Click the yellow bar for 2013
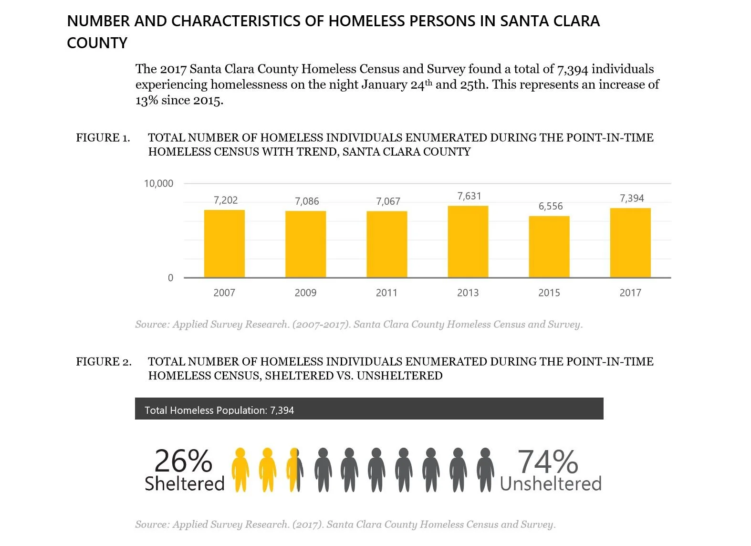click(x=468, y=241)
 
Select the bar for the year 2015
click(x=549, y=247)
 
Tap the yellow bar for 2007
click(x=224, y=243)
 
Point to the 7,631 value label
click(x=469, y=196)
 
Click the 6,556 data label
click(x=551, y=206)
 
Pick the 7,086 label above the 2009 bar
click(x=307, y=201)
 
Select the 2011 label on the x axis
click(x=386, y=293)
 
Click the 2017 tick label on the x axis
click(x=630, y=293)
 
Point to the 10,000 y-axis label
click(x=158, y=184)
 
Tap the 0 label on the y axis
click(x=170, y=278)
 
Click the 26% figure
click(x=183, y=461)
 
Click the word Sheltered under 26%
click(x=185, y=484)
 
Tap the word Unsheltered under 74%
click(x=551, y=484)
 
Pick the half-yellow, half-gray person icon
click(x=294, y=470)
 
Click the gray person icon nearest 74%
click(x=485, y=470)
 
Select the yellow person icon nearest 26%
click(x=240, y=470)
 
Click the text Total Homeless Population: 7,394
click(x=219, y=410)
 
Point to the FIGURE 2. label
click(x=104, y=362)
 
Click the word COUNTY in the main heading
click(x=97, y=43)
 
